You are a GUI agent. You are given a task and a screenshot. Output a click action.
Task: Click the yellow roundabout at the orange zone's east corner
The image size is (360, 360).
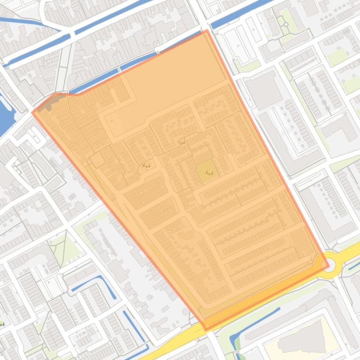(328, 265)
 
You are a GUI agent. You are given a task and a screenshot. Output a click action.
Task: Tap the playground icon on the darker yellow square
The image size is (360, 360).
(209, 173)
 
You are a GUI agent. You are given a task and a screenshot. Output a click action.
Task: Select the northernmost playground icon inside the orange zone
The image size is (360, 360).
(182, 143)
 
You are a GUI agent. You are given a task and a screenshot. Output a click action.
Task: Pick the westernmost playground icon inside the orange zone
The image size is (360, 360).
(146, 166)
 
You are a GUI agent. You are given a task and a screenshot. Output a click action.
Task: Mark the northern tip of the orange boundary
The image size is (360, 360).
(207, 31)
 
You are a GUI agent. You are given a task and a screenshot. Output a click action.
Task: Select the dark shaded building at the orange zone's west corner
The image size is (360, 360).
(46, 105)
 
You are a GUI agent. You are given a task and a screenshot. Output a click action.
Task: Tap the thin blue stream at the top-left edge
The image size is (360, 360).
(19, 21)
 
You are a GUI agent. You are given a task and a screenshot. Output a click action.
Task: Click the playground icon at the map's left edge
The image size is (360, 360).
(2, 324)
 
